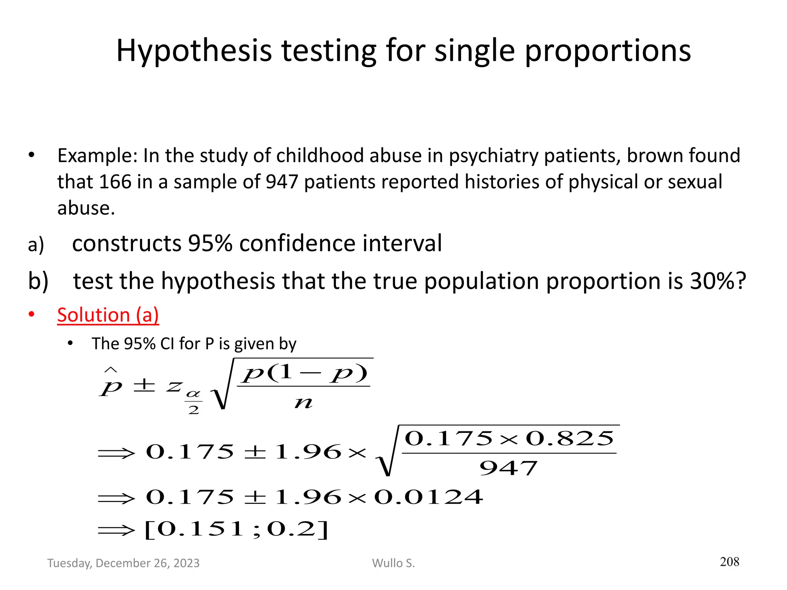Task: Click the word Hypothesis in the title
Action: click(x=194, y=51)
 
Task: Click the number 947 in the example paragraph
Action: click(x=282, y=182)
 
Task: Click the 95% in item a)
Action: click(x=210, y=243)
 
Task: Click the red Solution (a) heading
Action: click(x=108, y=315)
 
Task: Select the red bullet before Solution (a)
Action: click(x=32, y=315)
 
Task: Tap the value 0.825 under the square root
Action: click(x=570, y=438)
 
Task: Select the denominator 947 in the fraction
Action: click(x=508, y=468)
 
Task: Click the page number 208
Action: click(x=729, y=562)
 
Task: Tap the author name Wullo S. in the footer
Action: click(x=393, y=563)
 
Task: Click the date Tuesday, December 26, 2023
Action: click(x=123, y=563)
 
